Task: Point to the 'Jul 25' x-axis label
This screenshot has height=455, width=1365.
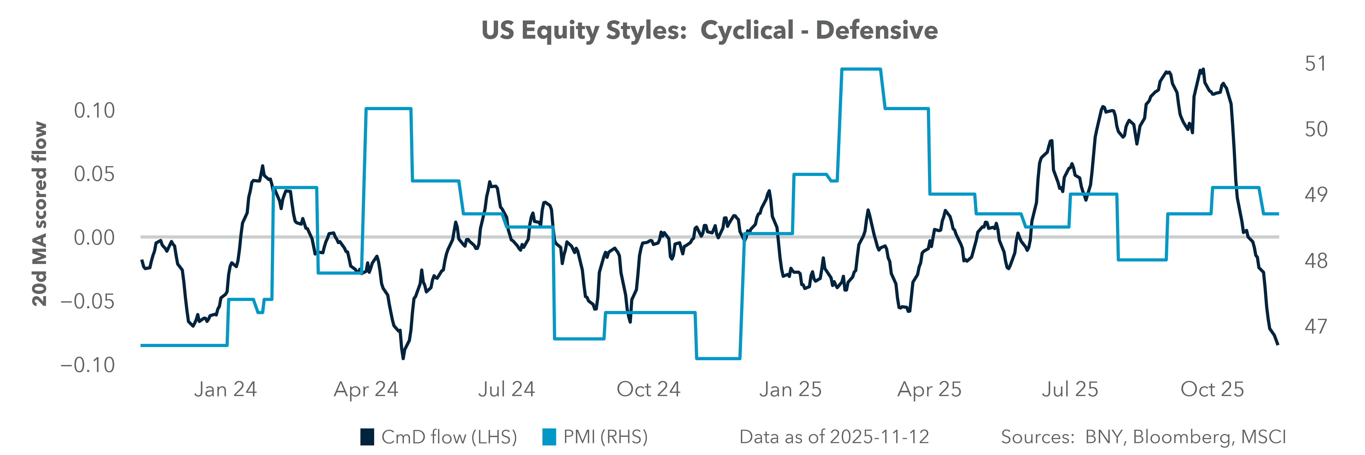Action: tap(1070, 389)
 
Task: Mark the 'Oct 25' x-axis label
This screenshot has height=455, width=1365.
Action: tap(1212, 389)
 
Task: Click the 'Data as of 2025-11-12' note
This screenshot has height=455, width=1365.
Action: tap(834, 437)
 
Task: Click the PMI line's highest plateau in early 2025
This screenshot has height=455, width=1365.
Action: tap(861, 69)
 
